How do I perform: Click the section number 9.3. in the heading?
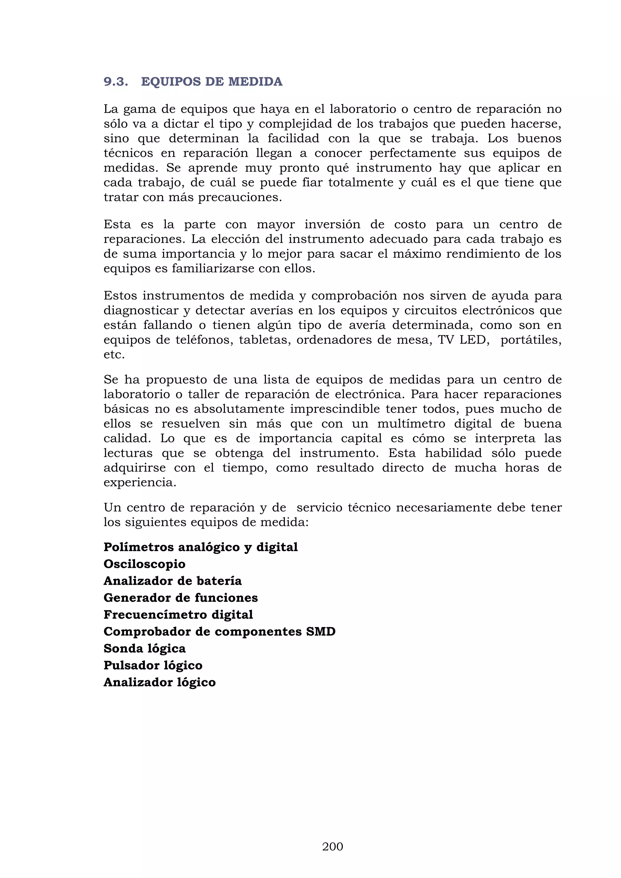click(x=116, y=82)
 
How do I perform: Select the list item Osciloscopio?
click(x=144, y=564)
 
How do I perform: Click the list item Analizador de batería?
click(x=173, y=581)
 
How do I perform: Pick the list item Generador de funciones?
click(x=180, y=598)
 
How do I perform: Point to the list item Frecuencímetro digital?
click(x=178, y=615)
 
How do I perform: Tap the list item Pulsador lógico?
click(x=153, y=665)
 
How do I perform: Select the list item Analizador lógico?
click(x=159, y=682)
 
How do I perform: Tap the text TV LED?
click(x=463, y=340)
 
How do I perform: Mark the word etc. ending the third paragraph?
click(x=114, y=354)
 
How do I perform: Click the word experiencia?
click(x=140, y=483)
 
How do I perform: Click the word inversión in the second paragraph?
click(x=332, y=224)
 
